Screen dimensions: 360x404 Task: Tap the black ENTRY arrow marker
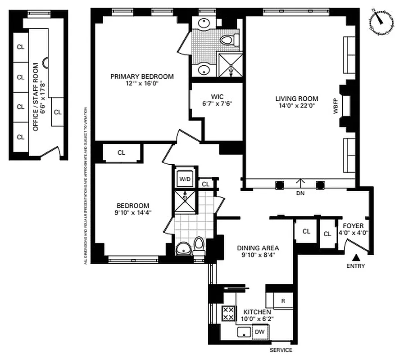click(x=356, y=258)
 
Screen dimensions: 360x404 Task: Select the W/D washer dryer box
click(x=185, y=179)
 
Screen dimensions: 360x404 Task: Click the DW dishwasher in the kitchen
click(x=260, y=332)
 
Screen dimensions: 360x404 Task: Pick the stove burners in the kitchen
click(x=228, y=314)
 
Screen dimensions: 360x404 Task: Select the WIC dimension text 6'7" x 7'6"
click(x=217, y=103)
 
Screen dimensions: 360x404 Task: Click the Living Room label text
click(x=297, y=99)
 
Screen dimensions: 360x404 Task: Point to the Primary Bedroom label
click(x=142, y=76)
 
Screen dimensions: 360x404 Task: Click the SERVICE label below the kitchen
click(x=281, y=350)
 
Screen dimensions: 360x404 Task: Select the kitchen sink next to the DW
click(x=244, y=333)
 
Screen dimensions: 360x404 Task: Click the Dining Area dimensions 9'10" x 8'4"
click(x=258, y=255)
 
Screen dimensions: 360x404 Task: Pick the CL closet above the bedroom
click(x=121, y=153)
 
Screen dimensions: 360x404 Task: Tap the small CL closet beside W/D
click(x=205, y=184)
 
